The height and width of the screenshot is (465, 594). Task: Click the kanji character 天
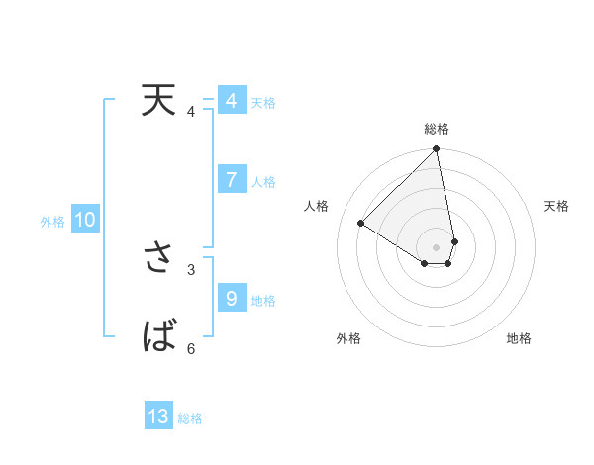click(158, 101)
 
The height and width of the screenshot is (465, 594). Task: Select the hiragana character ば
click(158, 338)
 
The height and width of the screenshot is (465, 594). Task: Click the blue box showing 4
click(231, 101)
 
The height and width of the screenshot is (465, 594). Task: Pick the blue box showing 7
click(231, 180)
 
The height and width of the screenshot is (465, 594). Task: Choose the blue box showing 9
click(231, 299)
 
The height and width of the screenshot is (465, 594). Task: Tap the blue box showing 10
click(85, 221)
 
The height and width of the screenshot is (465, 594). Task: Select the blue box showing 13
click(158, 417)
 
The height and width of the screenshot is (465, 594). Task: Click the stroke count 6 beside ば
click(191, 348)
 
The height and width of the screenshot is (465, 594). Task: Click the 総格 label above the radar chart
click(437, 129)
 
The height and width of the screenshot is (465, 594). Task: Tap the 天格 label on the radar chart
click(557, 206)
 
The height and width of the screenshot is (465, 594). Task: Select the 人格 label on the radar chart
click(317, 206)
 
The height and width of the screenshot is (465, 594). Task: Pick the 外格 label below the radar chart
click(347, 338)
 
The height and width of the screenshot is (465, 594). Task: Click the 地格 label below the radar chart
click(519, 338)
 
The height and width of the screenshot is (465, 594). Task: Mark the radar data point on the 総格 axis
click(437, 150)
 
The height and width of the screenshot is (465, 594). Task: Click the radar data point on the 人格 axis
click(361, 223)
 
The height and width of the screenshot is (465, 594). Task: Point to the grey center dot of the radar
click(437, 246)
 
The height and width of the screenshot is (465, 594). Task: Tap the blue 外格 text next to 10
click(52, 222)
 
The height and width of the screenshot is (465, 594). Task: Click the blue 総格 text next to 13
click(190, 418)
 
